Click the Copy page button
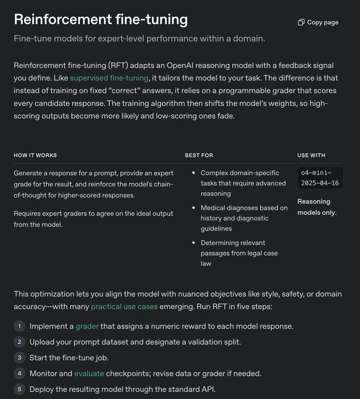[318, 22]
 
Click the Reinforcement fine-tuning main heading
[101, 19]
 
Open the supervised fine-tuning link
[109, 78]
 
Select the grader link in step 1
[87, 326]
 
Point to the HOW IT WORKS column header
[35, 155]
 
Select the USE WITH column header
[312, 155]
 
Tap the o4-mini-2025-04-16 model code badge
[320, 177]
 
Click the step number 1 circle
[19, 326]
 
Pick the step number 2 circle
[19, 342]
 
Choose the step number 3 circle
[19, 357]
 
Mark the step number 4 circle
[19, 373]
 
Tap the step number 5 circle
[19, 389]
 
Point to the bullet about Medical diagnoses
[244, 218]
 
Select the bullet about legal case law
[239, 253]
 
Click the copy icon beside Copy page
[301, 22]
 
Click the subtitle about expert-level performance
[140, 39]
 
